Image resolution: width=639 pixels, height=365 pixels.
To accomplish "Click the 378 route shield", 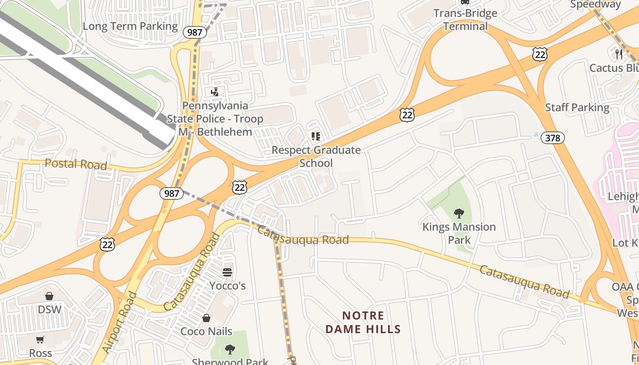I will (553, 137).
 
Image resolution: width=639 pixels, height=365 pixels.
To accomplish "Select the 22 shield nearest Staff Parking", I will (539, 54).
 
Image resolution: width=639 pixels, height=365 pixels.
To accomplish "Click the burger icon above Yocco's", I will (227, 272).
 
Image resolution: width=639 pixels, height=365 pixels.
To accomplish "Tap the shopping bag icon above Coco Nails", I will (206, 318).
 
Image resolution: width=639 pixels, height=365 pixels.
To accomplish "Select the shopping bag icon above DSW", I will (49, 296).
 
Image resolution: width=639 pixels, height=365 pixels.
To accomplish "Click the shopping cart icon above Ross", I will (40, 340).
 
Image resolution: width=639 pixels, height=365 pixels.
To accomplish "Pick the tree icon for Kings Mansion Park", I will (459, 213).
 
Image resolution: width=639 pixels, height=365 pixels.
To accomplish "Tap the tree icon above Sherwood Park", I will (230, 349).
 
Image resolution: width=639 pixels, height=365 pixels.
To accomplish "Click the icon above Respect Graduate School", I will (316, 136).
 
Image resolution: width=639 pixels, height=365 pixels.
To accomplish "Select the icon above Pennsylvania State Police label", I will (215, 92).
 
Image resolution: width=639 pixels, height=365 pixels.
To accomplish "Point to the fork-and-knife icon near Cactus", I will (619, 54).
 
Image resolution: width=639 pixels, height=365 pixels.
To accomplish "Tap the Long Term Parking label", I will (130, 26).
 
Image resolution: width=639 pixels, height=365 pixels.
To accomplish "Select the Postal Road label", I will (76, 164).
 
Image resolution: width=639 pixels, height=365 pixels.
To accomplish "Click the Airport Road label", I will (119, 322).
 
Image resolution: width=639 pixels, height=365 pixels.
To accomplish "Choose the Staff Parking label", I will (577, 108).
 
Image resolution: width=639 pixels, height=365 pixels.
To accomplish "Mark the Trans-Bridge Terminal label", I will (465, 20).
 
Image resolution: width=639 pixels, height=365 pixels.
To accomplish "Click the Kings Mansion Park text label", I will (459, 233).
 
